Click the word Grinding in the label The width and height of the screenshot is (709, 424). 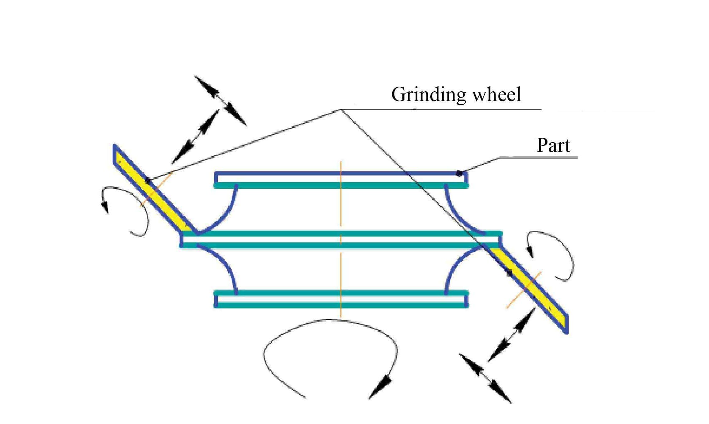pyautogui.click(x=428, y=95)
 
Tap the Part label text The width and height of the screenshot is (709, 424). pyautogui.click(x=553, y=146)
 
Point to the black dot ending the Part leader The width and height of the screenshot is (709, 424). pyautogui.click(x=459, y=174)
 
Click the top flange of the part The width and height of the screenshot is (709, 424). pyautogui.click(x=340, y=179)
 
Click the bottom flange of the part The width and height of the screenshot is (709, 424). pyautogui.click(x=340, y=299)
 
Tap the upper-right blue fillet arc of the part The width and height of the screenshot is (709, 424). pyautogui.click(x=459, y=215)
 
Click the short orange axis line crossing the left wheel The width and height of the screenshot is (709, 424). pyautogui.click(x=156, y=189)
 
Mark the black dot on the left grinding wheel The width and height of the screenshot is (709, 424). pyautogui.click(x=147, y=181)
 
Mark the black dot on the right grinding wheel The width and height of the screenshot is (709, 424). pyautogui.click(x=509, y=273)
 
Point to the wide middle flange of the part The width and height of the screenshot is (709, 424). pyautogui.click(x=340, y=240)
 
